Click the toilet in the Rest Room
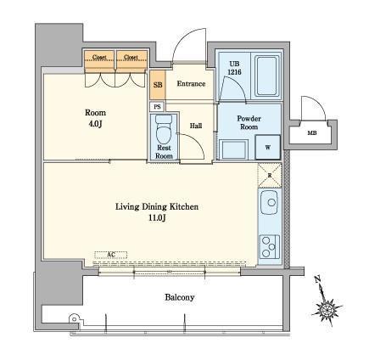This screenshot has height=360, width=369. [164, 130]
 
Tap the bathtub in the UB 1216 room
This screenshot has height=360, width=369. [266, 76]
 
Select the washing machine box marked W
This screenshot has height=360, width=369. [268, 147]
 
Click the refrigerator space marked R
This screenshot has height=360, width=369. [270, 176]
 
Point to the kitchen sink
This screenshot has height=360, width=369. [269, 202]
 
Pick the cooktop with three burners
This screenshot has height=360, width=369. [270, 246]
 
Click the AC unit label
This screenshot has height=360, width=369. [111, 255]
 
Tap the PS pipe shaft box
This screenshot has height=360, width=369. [157, 107]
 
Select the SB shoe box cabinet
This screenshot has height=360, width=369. [158, 85]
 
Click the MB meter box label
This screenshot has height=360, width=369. [312, 133]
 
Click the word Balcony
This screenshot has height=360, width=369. [180, 297]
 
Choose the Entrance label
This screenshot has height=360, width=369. [191, 84]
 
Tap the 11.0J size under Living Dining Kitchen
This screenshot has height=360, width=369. [157, 218]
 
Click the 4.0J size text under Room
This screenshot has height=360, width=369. [95, 124]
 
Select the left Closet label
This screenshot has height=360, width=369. [99, 57]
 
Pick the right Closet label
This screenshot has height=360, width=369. [131, 57]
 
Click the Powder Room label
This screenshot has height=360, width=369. [249, 122]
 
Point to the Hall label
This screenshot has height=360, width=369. [196, 126]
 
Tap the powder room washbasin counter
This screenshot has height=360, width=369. [233, 149]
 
